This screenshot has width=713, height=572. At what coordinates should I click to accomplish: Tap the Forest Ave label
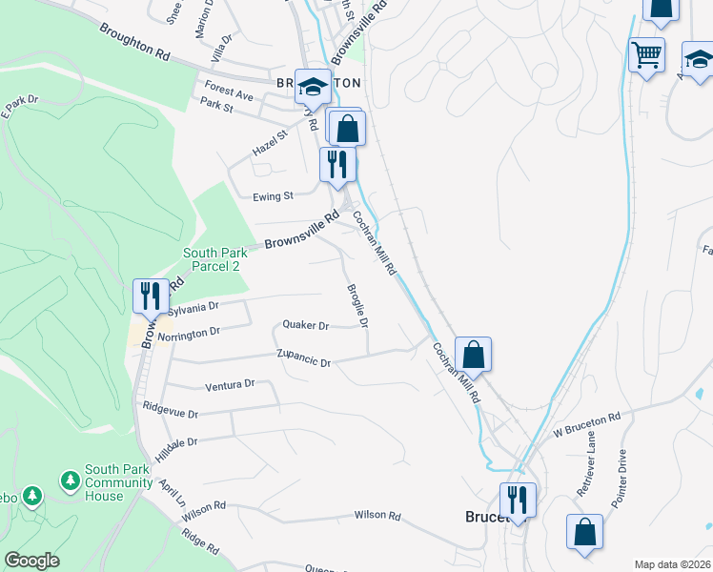(229, 95)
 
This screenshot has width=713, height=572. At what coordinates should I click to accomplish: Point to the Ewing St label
(273, 196)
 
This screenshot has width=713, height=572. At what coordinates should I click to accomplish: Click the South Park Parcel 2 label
(215, 259)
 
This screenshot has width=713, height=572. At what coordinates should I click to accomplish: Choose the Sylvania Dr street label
(194, 308)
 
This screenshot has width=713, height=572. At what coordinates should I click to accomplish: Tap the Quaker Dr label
(305, 325)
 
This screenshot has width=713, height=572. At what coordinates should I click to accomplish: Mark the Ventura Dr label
(231, 384)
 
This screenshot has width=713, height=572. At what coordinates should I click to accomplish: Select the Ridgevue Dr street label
(170, 414)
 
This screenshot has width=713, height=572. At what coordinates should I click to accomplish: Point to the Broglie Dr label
(357, 306)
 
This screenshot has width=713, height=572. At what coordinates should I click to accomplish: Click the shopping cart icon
(647, 54)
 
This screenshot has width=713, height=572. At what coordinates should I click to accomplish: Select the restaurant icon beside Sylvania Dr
(150, 296)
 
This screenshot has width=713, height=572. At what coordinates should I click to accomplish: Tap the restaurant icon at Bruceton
(518, 499)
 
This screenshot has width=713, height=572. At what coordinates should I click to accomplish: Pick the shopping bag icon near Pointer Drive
(584, 531)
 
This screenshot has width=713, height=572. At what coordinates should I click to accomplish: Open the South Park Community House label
(117, 482)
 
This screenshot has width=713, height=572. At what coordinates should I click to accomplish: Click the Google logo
(31, 561)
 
